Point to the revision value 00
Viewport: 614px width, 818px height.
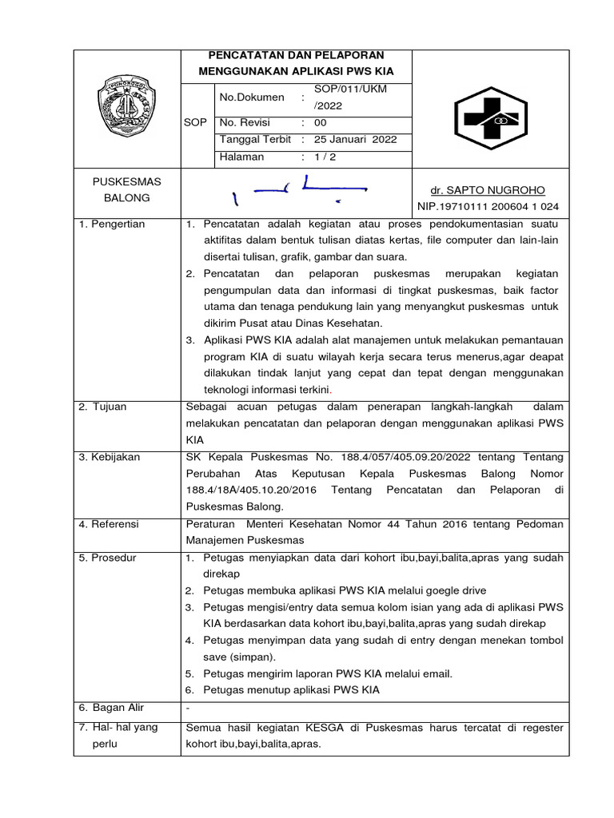320,123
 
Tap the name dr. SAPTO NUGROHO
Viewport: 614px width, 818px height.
488,190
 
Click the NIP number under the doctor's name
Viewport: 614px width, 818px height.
488,207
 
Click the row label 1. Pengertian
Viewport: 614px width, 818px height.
112,224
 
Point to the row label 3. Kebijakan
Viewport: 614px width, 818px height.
110,457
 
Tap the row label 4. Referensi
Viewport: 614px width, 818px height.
110,524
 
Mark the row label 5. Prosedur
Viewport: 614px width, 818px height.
109,558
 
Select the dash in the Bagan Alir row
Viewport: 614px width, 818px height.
188,709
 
